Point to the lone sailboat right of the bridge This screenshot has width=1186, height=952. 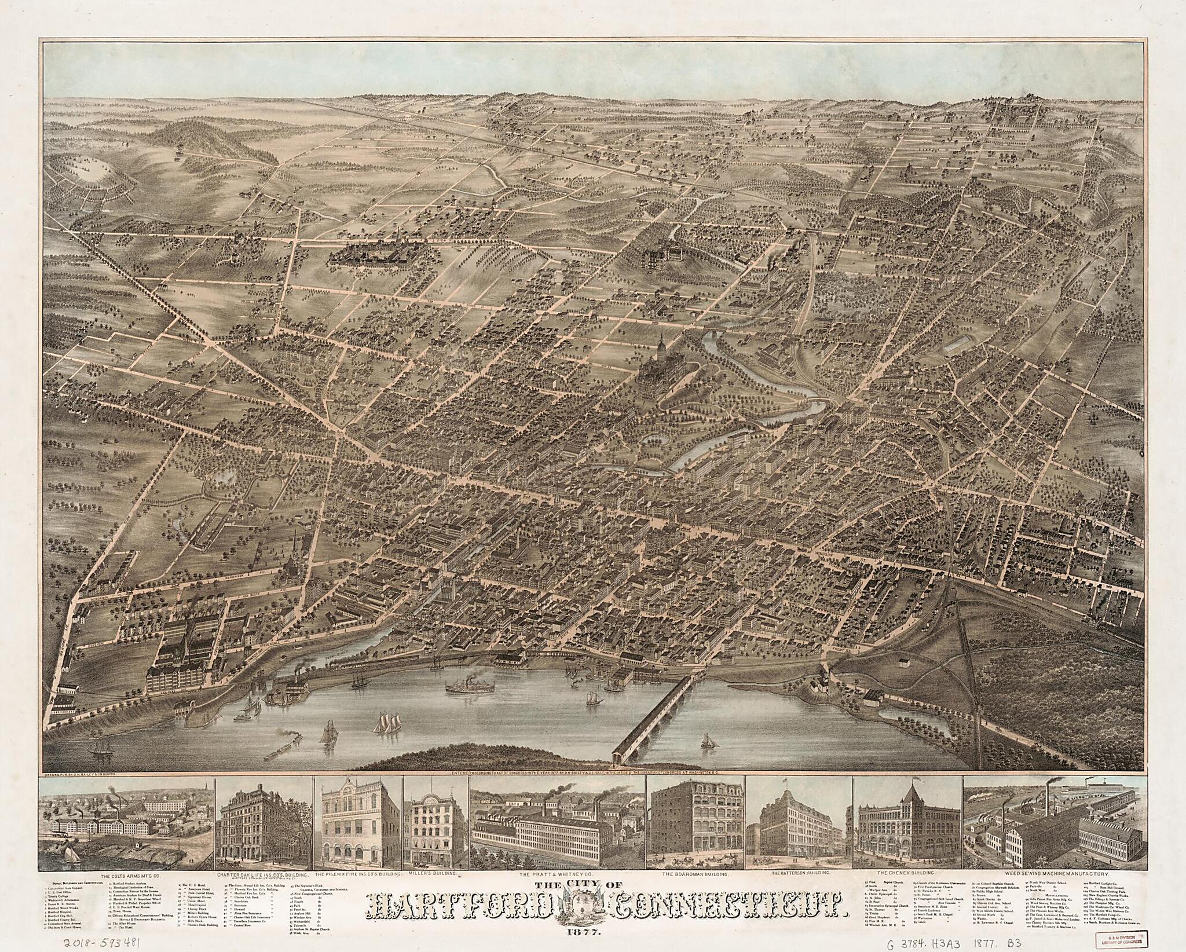pos(707,756)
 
